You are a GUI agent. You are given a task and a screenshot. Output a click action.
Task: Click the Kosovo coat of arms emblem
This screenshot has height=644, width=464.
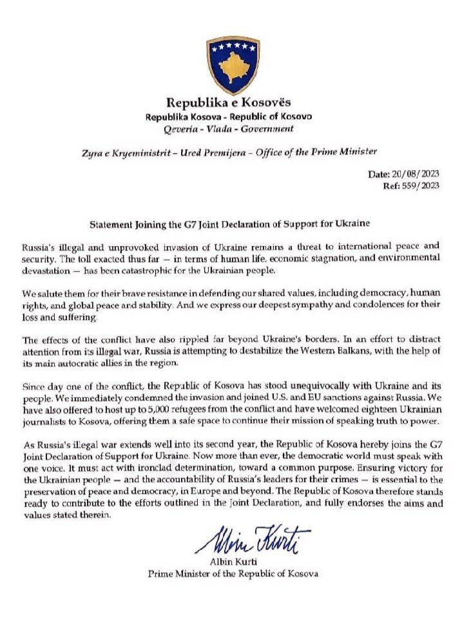point(233,66)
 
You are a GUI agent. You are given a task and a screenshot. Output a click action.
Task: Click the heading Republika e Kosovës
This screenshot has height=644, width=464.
point(229,102)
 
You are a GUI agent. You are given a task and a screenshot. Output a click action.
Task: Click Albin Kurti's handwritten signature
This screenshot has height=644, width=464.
point(250,541)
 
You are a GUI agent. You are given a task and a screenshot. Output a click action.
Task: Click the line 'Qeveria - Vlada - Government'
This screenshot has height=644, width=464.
point(229,128)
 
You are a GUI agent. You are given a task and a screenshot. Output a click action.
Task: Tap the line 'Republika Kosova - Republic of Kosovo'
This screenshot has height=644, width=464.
point(229,117)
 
